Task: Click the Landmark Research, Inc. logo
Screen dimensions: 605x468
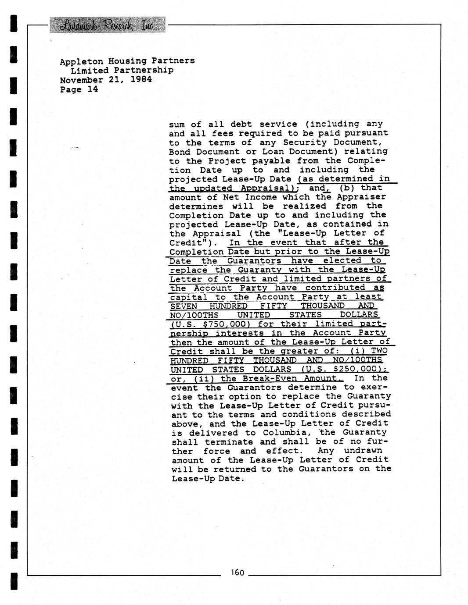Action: pyautogui.click(x=107, y=25)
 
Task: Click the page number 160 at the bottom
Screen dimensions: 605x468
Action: pyautogui.click(x=237, y=572)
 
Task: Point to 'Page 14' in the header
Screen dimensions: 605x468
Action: pyautogui.click(x=79, y=89)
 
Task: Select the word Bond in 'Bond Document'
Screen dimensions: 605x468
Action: pyautogui.click(x=180, y=152)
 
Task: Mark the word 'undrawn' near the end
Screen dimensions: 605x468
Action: pyautogui.click(x=363, y=451)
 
